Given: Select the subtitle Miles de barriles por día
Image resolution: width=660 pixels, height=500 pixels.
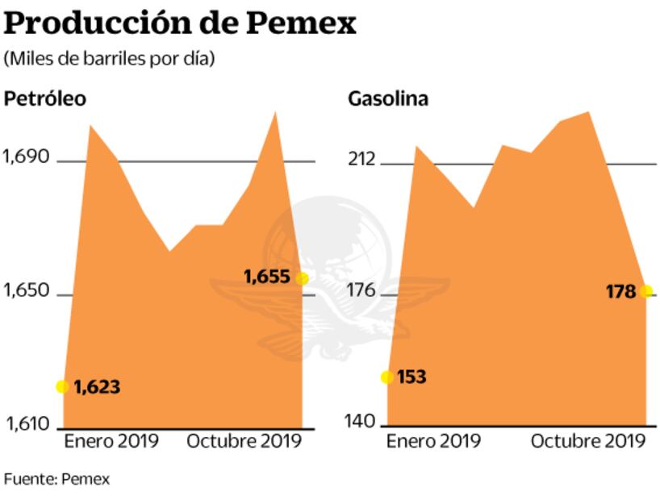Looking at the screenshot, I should (x=110, y=59).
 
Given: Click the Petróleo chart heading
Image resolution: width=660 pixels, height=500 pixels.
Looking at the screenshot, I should (x=45, y=98).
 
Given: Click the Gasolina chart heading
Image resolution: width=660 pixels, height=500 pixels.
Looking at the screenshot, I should (x=388, y=98).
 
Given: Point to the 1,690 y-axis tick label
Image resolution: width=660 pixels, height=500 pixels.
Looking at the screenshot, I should (x=27, y=157).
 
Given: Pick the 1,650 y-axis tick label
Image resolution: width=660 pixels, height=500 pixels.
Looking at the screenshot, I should (x=27, y=291).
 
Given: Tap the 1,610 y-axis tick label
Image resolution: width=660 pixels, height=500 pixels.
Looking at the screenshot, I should (x=27, y=424).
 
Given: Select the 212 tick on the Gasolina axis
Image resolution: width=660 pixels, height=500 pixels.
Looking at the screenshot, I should (x=361, y=159).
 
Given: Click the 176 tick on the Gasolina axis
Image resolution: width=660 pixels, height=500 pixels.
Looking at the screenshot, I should (x=361, y=291).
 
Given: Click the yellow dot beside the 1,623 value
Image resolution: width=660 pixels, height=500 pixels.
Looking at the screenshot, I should (x=63, y=386).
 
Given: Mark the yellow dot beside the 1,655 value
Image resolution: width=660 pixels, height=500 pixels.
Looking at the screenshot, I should (x=302, y=277).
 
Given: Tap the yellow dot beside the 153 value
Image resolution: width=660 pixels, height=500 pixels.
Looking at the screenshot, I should (x=387, y=377).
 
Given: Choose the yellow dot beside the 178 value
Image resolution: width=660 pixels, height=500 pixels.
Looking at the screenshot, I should (x=646, y=291).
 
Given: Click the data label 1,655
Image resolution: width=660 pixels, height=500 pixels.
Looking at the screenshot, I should (x=266, y=277).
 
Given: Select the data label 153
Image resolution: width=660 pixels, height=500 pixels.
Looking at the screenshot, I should (x=412, y=377).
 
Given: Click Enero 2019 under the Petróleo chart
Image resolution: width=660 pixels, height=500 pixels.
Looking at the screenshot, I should (x=111, y=441).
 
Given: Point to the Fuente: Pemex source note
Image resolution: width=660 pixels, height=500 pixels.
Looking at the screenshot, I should (x=56, y=479).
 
